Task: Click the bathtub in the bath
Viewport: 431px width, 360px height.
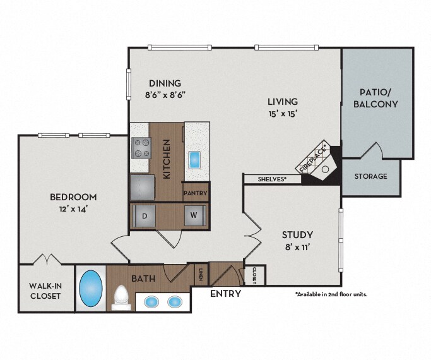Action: (91, 288)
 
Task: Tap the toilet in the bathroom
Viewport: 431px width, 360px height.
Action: (121, 298)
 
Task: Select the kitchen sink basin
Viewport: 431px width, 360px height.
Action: (194, 160)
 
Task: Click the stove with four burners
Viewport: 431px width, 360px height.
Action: (141, 148)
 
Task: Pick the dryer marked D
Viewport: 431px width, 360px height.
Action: (144, 216)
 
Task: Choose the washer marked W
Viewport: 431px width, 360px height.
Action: (194, 215)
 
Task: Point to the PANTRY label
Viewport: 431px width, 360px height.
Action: (196, 193)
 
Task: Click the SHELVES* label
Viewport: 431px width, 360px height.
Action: (272, 179)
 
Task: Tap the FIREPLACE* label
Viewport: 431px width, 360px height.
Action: (314, 158)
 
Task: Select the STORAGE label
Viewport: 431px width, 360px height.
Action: (370, 176)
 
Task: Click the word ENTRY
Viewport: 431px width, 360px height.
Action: (226, 294)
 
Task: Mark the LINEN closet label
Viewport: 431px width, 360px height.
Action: (201, 275)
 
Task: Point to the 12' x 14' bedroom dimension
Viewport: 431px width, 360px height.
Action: (73, 209)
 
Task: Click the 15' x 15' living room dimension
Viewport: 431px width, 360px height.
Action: (283, 114)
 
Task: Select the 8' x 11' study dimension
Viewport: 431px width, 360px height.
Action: (298, 247)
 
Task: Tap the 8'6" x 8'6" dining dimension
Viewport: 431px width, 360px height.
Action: (165, 95)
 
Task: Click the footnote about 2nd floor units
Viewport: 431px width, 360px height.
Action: (331, 294)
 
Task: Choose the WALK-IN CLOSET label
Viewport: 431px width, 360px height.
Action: (45, 291)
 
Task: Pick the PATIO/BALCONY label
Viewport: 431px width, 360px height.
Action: (375, 98)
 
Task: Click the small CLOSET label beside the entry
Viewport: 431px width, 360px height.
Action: (254, 275)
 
